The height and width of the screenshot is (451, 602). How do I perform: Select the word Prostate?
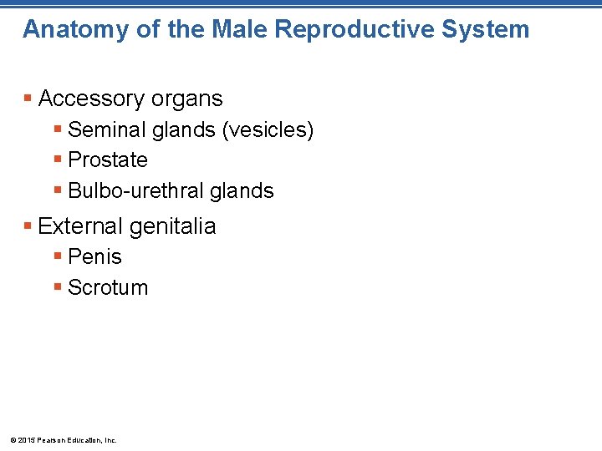point(107,160)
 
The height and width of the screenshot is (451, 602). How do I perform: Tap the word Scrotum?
point(107,288)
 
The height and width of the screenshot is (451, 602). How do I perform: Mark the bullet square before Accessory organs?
point(28,99)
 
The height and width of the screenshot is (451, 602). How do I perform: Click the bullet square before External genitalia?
point(28,226)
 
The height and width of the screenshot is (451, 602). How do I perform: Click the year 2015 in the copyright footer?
point(25,440)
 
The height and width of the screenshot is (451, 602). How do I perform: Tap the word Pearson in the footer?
point(48,440)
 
